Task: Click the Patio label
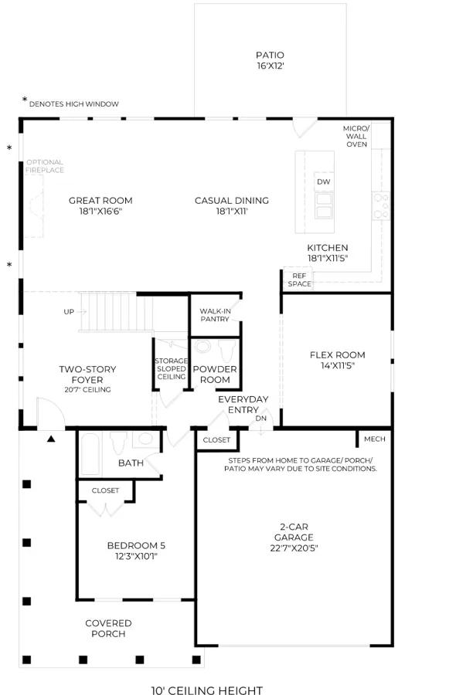tap(271, 60)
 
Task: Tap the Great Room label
tap(100, 205)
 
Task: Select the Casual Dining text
tap(232, 205)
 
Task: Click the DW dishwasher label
tap(324, 181)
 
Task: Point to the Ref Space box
tap(298, 280)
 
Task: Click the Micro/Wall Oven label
tap(356, 136)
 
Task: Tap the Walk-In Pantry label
tap(215, 315)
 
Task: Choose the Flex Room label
tap(337, 360)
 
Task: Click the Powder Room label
tap(215, 374)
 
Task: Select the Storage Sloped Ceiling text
tap(172, 369)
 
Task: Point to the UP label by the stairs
tap(69, 312)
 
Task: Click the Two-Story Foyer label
tap(87, 379)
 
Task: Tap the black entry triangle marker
tap(51, 439)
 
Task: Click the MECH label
tap(375, 439)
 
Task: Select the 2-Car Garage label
tap(294, 537)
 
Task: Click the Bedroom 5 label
tap(136, 551)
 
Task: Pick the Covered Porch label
tap(108, 629)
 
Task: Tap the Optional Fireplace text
tap(45, 166)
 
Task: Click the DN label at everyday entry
tap(261, 418)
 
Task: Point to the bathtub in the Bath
tap(90, 454)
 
